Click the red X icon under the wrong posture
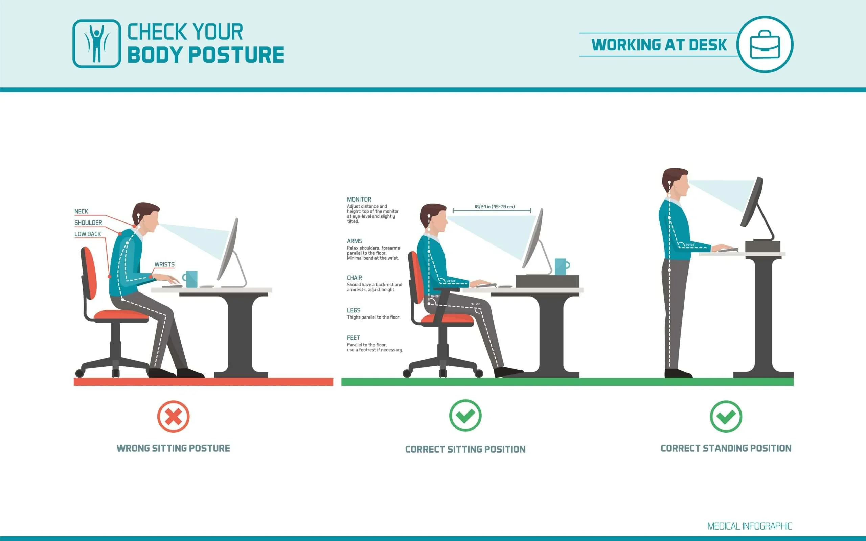tap(173, 416)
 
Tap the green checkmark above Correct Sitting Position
tap(465, 416)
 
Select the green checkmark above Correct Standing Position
tap(726, 416)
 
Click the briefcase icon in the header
tap(765, 44)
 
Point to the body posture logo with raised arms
tap(97, 44)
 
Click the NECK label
tap(81, 211)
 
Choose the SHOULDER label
tap(88, 223)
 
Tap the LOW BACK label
tap(88, 234)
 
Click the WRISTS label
tap(164, 264)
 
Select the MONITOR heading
tap(359, 199)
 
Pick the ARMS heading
tap(354, 241)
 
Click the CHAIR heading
tap(354, 278)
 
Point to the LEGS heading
tap(353, 310)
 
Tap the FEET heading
tap(353, 338)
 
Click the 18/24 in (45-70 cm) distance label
tap(495, 207)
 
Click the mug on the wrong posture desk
tap(190, 279)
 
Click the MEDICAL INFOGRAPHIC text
tap(749, 526)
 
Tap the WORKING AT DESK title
tap(659, 45)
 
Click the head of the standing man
tap(675, 182)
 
